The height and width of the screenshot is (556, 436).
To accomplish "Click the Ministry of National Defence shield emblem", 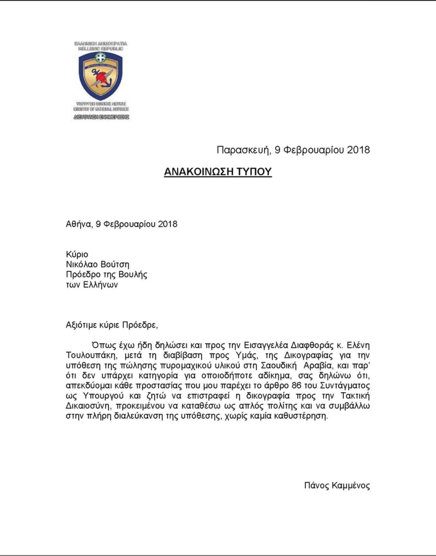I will (x=101, y=76).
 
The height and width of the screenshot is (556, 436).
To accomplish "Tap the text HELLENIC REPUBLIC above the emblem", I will (x=101, y=48).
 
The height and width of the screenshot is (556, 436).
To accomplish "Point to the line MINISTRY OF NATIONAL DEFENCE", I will (x=101, y=109).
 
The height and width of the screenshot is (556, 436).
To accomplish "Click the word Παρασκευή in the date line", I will (x=242, y=150).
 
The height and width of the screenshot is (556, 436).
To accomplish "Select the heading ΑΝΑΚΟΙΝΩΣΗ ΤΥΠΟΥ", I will (x=218, y=171).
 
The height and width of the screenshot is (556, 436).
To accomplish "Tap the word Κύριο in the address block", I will (x=77, y=254).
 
